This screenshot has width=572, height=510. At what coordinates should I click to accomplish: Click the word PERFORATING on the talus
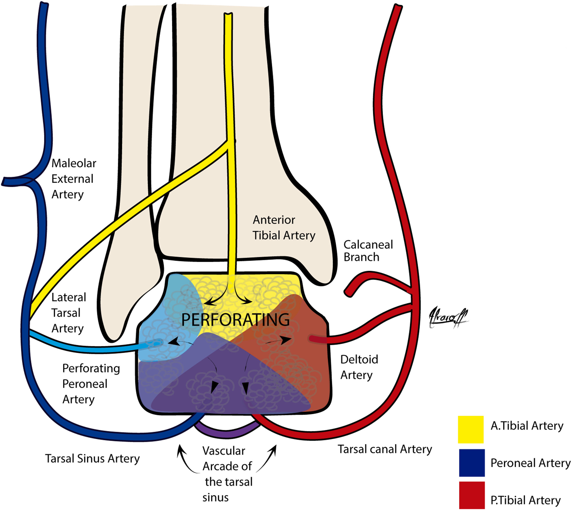pos(235,320)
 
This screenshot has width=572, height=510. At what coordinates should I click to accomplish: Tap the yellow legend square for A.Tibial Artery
pos(471,429)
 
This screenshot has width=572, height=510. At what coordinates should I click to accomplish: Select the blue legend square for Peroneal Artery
pos(472,463)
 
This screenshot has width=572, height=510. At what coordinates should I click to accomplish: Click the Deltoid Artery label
pos(359,367)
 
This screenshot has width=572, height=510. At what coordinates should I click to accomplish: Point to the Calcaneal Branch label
pos(368,251)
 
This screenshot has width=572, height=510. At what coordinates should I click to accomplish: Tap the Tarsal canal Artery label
pos(385,449)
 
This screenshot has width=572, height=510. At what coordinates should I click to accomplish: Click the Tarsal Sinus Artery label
pos(92,459)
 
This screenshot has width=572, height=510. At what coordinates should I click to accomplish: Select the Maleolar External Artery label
pos(73,179)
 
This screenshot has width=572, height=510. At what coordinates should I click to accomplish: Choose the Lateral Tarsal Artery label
pos(68,313)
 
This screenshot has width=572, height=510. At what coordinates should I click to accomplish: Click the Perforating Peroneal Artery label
pos(91,384)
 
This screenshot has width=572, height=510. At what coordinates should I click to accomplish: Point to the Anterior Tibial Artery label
pos(284,228)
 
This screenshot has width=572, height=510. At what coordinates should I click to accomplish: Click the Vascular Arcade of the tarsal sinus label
pos(227,474)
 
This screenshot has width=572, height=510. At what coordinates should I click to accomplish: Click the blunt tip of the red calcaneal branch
pos(348,293)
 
